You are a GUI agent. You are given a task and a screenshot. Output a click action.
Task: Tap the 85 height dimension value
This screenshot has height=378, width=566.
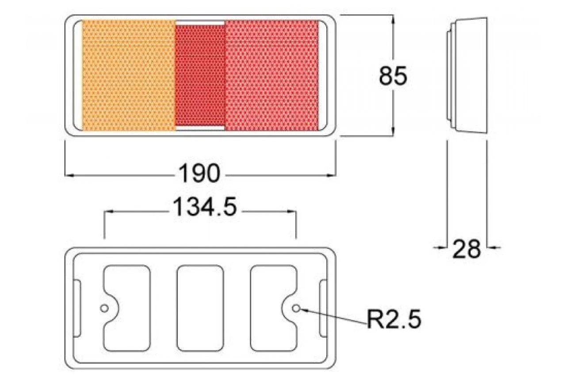pyautogui.click(x=393, y=75)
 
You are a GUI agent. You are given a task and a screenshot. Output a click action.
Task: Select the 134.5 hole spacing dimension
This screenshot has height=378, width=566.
pyautogui.click(x=205, y=207)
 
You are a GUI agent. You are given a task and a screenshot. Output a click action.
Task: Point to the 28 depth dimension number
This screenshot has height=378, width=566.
pyautogui.click(x=467, y=249)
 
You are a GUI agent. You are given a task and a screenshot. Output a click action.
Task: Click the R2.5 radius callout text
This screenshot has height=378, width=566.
pyautogui.click(x=394, y=319)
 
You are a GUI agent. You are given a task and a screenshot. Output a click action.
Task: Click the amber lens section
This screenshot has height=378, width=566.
pyautogui.click(x=129, y=75)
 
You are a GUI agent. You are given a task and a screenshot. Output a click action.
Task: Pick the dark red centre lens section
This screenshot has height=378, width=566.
pyautogui.click(x=200, y=75)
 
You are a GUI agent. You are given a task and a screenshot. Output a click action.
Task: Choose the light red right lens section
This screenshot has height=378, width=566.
pyautogui.click(x=272, y=75)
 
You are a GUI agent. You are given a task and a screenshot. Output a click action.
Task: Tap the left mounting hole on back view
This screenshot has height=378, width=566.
pyautogui.click(x=104, y=308)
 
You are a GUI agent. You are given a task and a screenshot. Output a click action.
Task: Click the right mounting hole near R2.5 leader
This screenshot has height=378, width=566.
pyautogui.click(x=296, y=308)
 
